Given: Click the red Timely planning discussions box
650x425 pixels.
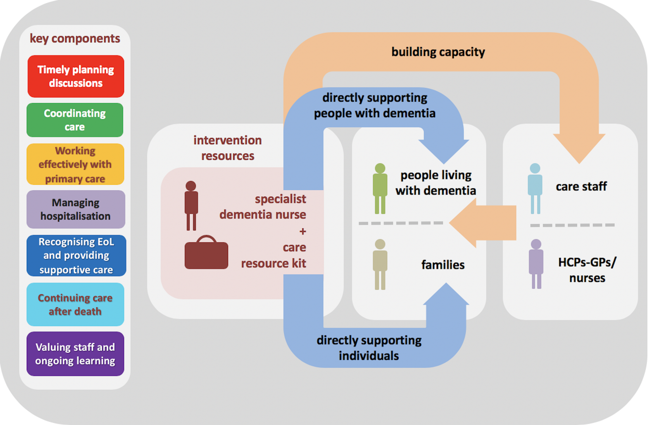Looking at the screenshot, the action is [x=76, y=76].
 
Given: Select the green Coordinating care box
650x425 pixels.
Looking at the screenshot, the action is [x=75, y=120].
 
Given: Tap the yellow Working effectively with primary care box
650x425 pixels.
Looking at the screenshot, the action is [x=75, y=164].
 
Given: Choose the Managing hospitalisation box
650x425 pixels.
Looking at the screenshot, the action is [x=76, y=209].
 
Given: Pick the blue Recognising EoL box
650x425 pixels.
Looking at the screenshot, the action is [x=77, y=256].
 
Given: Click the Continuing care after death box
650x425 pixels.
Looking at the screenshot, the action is [x=75, y=305].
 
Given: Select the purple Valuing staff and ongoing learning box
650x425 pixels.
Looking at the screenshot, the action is [x=75, y=354].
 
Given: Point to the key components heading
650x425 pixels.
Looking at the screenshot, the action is [x=75, y=38].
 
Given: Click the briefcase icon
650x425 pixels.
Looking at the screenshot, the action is [x=206, y=252].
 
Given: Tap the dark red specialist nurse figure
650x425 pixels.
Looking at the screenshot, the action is [x=191, y=206].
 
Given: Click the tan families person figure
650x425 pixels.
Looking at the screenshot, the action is [x=380, y=264].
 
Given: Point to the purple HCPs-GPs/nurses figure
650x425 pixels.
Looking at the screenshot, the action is [x=536, y=264].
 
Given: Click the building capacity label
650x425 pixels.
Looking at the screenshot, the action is [x=438, y=52].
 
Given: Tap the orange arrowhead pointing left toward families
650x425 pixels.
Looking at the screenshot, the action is [x=463, y=223].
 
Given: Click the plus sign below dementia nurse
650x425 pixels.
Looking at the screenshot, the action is [x=303, y=231].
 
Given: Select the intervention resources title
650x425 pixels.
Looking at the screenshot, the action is [x=227, y=148].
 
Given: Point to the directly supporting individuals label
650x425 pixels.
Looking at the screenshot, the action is [x=369, y=348].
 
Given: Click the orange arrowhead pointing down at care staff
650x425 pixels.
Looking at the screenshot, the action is [x=579, y=149].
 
